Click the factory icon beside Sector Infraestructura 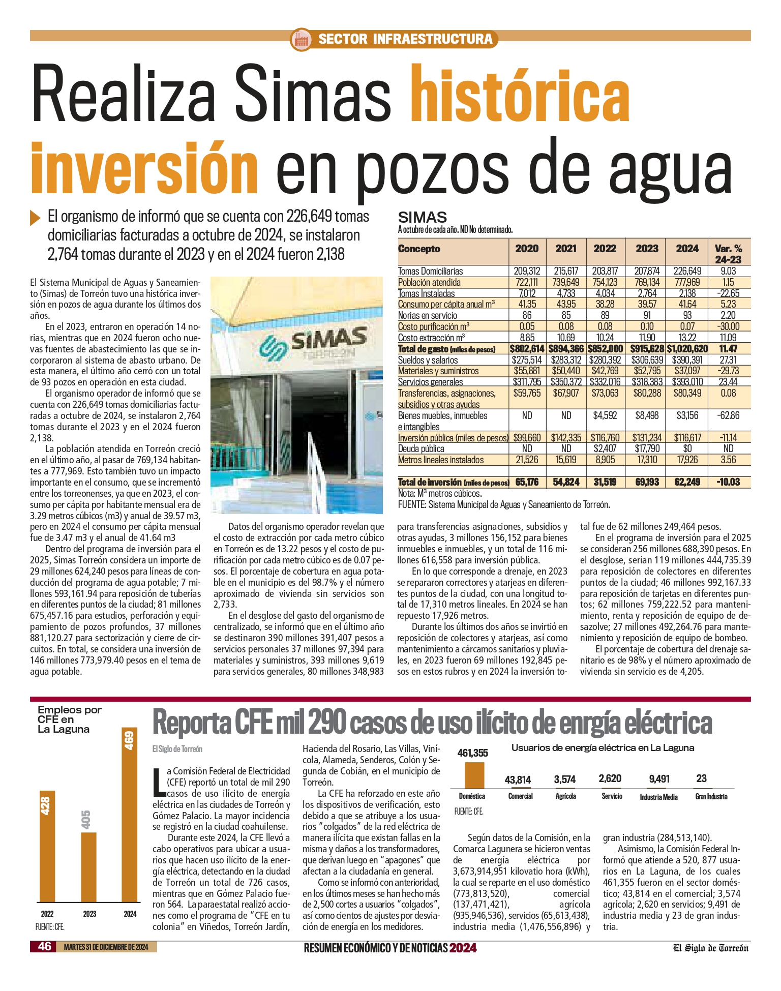pos(301,39)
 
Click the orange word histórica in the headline pos(520,95)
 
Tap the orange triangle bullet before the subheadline pos(35,217)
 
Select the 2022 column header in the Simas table pos(605,249)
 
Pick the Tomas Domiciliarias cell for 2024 pos(687,271)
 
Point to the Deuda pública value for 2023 pos(647,448)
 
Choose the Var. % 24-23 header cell pos(728,254)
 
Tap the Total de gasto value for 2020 pos(527,349)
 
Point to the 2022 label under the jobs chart pos(47,914)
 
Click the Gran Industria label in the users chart pos(711,797)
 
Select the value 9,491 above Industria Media pos(659,779)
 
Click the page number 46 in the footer pos(45,946)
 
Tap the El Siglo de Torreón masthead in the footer pos(710,947)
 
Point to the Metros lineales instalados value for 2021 pos(565,460)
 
